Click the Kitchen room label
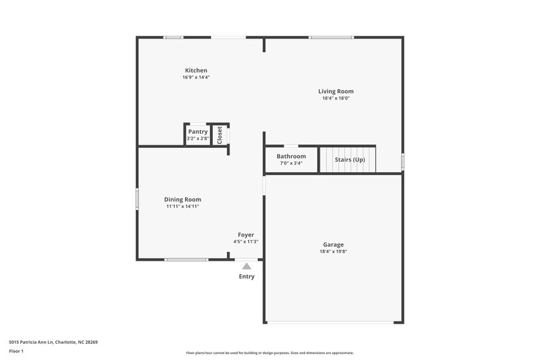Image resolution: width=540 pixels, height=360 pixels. pos(196,70)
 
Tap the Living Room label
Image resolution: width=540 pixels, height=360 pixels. pos(335,91)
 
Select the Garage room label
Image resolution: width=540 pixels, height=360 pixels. pos(333,245)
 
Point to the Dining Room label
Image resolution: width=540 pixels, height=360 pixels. pos(182,199)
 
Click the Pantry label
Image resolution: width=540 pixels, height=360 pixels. pos(198,132)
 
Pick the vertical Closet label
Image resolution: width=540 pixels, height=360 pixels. pos(219,134)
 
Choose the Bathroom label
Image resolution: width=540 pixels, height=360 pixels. pos(291,156)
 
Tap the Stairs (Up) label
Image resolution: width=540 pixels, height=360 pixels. pos(350,159)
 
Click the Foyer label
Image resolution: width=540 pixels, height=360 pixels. pos(246,234)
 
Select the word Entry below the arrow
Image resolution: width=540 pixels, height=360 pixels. pos(246,276)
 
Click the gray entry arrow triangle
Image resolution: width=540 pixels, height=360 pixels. pos(246,266)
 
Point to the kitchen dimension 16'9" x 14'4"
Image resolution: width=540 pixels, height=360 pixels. pos(196,77)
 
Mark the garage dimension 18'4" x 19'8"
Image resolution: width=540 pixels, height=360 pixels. pos(333,251)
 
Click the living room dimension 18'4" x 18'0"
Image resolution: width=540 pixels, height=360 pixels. pos(335,98)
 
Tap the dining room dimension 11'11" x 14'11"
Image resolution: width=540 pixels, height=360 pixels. pos(182,206)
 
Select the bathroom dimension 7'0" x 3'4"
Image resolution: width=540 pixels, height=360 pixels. pos(291,163)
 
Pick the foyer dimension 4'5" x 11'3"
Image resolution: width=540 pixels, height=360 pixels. pos(246,241)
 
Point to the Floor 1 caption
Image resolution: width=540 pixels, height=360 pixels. pos(17,351)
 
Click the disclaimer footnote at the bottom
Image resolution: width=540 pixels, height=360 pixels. pos(269,353)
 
